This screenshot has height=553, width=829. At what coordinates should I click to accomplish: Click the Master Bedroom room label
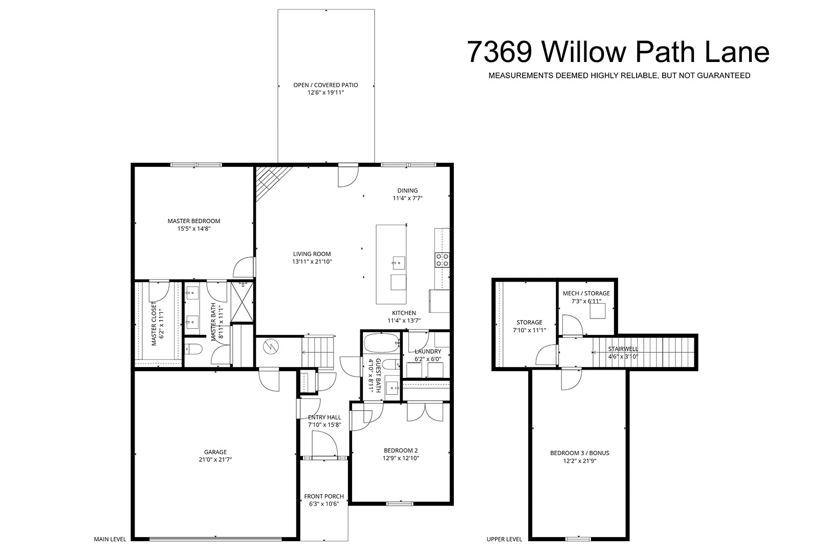point(193,221)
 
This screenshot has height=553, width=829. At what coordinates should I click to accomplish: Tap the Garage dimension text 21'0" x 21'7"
point(215,460)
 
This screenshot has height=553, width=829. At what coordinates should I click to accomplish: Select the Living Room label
point(312,254)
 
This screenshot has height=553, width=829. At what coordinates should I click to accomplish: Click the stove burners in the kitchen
point(442,260)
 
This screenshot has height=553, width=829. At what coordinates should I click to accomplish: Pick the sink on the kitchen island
point(398,263)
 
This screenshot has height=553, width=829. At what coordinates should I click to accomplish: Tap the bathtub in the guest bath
point(382,343)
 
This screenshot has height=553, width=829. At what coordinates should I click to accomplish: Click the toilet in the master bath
point(193,349)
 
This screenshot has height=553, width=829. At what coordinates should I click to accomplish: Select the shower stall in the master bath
point(242,302)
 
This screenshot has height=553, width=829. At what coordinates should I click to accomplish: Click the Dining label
point(407,191)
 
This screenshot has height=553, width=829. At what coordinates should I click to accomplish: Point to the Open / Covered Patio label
point(325,85)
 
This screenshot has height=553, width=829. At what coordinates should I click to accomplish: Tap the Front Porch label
point(324,496)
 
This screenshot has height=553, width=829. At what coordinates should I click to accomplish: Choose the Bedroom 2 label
point(401,451)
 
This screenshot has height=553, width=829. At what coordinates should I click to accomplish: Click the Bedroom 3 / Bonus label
point(580,453)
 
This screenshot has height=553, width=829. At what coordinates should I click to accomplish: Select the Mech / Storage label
point(586,293)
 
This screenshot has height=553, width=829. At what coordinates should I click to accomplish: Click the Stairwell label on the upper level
point(623,349)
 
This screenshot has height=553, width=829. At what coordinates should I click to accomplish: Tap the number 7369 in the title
point(499,52)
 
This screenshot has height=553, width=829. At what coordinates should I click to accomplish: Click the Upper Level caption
point(504,539)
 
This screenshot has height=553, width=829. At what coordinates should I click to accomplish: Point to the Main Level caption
point(110,539)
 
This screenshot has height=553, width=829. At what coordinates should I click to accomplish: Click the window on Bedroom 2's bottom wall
point(400,503)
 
